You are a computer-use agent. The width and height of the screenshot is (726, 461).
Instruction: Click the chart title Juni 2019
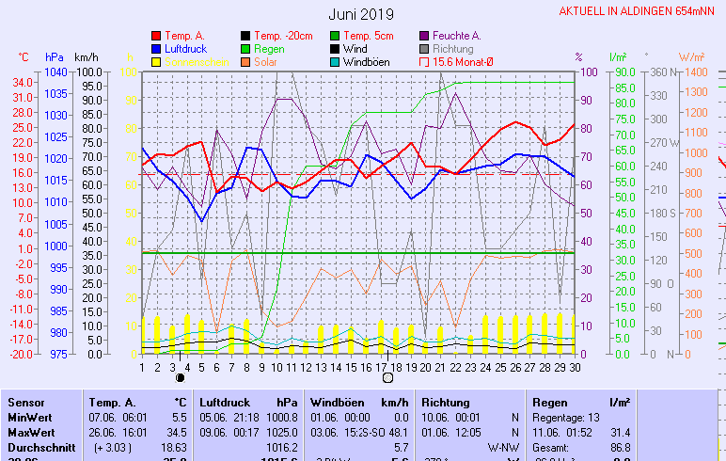click(x=362, y=14)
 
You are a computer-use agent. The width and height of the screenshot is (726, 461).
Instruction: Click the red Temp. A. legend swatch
click(x=156, y=36)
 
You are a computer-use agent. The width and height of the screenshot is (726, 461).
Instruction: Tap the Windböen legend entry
click(x=370, y=62)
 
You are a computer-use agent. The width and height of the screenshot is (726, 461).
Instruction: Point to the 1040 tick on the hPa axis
click(x=55, y=72)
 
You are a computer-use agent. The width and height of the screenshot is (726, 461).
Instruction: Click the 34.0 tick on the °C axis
click(x=24, y=82)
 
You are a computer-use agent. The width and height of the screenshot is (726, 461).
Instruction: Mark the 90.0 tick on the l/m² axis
click(x=624, y=72)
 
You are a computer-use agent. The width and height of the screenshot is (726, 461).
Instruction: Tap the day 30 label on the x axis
click(x=574, y=367)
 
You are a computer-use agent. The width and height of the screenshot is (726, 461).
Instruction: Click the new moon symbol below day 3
click(x=180, y=378)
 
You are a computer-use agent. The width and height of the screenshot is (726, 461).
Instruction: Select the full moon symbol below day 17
click(x=387, y=378)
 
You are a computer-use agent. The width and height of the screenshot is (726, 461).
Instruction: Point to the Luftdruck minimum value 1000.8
click(x=281, y=417)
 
